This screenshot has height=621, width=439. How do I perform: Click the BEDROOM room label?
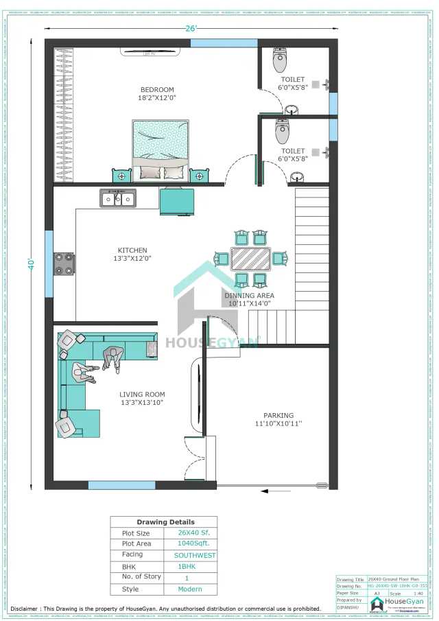pos(157,90)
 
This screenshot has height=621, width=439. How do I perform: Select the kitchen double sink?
pos(118,198)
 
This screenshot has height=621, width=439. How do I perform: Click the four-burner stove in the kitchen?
pos(64,264)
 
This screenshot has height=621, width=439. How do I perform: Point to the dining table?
pos(250,259)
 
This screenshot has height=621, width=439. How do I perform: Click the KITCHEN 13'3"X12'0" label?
pos(132,255)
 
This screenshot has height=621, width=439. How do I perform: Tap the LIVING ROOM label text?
pos(142,398)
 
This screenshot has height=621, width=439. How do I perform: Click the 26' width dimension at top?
pos(191,28)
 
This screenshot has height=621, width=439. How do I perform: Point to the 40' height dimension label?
pos(31,263)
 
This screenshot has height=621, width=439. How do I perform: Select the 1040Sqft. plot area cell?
pos(190,543)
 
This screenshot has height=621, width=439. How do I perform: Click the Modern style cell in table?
pos(190,589)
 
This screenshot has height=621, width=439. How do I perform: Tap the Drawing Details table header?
pos(165,522)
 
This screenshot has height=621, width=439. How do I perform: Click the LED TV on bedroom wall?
pos(150,51)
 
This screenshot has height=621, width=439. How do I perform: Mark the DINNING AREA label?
pos(248,296)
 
